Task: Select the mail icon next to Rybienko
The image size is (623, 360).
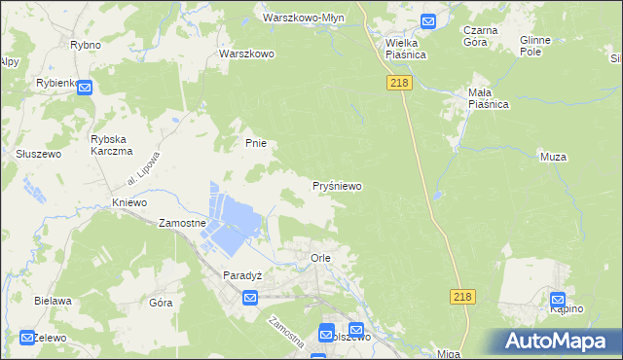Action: pos(85,89)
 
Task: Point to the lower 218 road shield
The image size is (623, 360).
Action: pos(462,296)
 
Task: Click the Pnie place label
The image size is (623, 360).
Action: pos(255,143)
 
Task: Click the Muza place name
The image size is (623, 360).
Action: pos(553,156)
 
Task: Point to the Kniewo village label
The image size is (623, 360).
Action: pos(128,202)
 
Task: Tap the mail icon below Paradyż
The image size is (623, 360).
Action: pos(249,297)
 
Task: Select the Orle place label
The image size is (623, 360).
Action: pos(320,258)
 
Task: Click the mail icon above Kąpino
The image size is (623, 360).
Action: pos(558,302)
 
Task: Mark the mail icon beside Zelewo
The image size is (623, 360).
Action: pos(26,338)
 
